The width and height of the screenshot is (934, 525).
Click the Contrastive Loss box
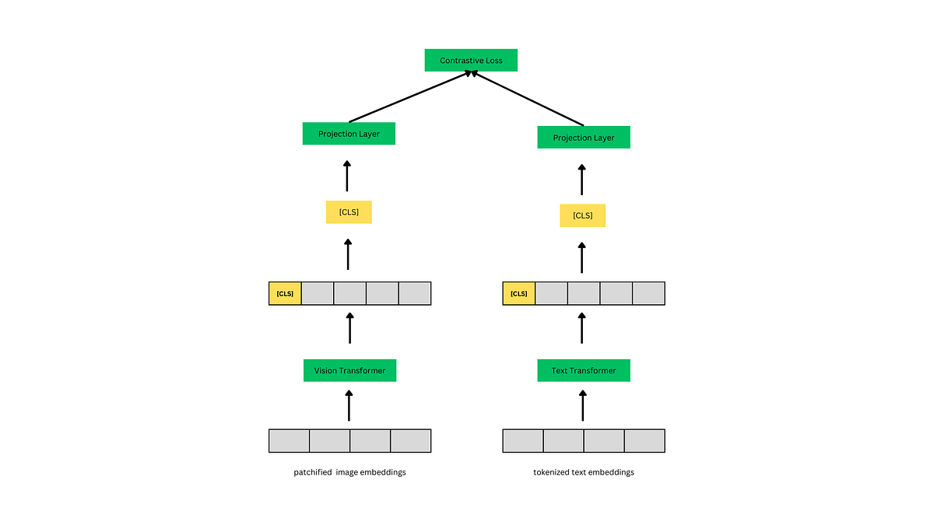coord(470,60)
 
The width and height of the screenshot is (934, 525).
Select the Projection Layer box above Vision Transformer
coord(349,134)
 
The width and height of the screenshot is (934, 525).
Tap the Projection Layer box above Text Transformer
coord(583,138)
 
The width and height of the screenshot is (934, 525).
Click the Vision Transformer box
coord(349,370)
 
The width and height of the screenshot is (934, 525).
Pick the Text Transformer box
coord(583,370)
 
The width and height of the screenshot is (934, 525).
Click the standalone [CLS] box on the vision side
coord(349,212)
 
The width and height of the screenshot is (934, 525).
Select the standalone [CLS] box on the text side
coord(582,215)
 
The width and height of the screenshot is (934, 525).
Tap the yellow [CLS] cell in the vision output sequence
coord(285,293)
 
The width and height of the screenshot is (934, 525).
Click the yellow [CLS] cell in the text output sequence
coord(519,293)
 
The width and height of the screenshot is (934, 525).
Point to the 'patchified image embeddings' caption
coord(349,472)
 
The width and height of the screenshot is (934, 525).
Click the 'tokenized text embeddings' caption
coord(583,472)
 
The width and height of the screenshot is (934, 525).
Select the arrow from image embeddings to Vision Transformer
coord(349,406)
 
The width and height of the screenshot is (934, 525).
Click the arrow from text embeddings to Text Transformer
coord(583,406)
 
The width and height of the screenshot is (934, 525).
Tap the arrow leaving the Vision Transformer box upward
coord(349,328)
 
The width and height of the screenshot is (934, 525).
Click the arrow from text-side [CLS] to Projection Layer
coord(581,180)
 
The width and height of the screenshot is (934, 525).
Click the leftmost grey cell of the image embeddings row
coord(290,440)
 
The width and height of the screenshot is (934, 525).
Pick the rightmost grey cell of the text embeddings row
coord(644,440)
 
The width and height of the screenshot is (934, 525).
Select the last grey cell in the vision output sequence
coord(414,293)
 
